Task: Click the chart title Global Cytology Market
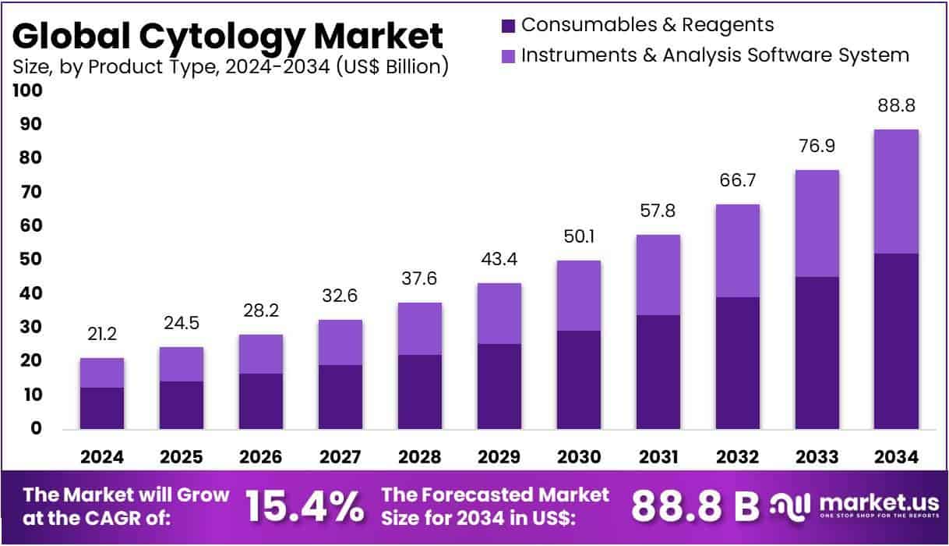click(x=228, y=35)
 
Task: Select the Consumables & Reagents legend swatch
click(x=509, y=26)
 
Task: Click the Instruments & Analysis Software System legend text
click(x=714, y=55)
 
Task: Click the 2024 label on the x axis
click(x=102, y=457)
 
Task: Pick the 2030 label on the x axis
click(x=579, y=457)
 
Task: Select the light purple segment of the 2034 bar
click(x=895, y=191)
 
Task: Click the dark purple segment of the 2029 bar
click(x=499, y=386)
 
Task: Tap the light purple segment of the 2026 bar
click(x=261, y=353)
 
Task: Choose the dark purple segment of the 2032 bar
click(x=738, y=363)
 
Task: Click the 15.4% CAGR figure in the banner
click(x=305, y=506)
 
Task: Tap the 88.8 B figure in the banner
click(x=694, y=506)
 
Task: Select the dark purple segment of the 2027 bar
click(x=340, y=397)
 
